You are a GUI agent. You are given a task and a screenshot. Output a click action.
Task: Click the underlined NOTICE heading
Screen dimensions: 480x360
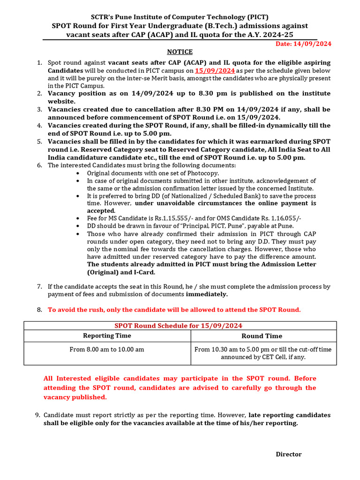tap(180, 52)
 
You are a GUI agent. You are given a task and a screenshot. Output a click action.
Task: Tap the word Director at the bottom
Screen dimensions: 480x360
tap(288, 454)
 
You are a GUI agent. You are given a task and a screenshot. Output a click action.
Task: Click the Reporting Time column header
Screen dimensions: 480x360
tap(107, 336)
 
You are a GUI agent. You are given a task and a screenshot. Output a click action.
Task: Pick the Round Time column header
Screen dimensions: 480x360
tap(262, 336)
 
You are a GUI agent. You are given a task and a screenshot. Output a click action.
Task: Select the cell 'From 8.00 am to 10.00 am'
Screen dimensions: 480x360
tap(107, 349)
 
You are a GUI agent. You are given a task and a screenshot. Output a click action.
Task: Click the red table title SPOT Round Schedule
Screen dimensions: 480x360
tap(179, 326)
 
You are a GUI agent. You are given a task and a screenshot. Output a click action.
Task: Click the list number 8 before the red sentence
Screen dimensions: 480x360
tap(39, 310)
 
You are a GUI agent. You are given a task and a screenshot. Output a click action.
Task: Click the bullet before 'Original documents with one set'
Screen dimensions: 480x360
tap(77, 173)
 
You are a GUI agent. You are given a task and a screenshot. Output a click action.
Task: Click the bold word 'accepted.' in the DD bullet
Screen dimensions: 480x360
tap(102, 211)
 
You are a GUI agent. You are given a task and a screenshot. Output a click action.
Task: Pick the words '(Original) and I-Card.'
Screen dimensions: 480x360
tap(121, 272)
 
